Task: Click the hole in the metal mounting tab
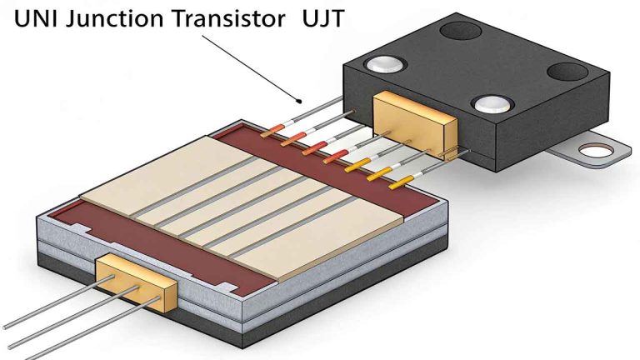pyautogui.click(x=599, y=151)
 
